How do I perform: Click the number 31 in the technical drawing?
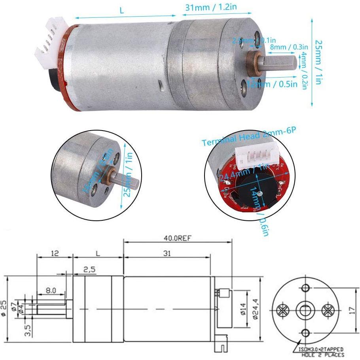167,254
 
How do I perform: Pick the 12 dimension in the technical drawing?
55,254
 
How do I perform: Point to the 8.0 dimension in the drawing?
50,291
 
